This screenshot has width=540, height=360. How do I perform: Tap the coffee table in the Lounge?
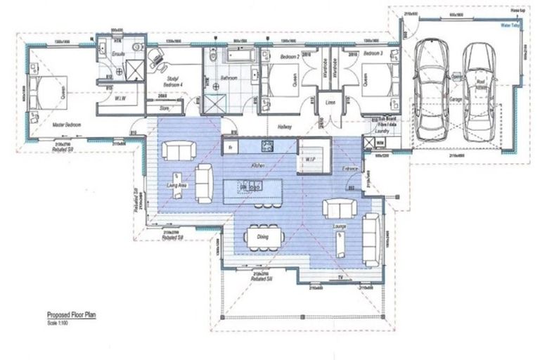pos(339,243)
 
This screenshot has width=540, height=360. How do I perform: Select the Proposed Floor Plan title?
pos(71,316)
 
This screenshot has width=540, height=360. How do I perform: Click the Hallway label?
pos(285,127)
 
